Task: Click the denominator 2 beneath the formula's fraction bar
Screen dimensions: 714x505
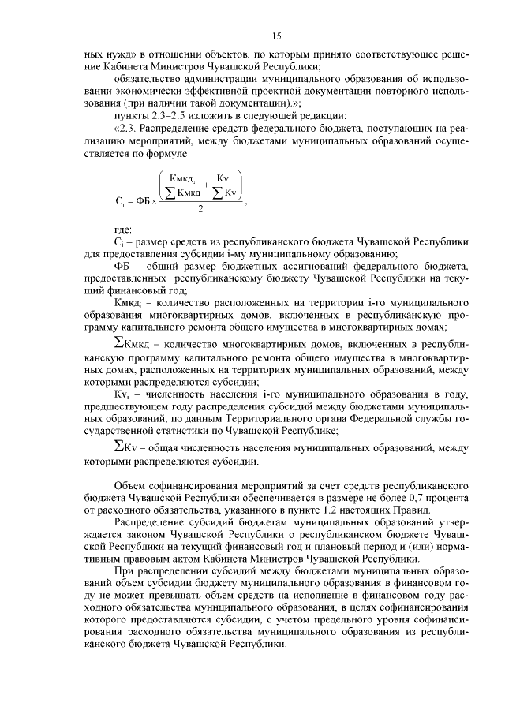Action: point(201,210)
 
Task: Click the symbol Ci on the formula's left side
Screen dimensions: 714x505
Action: point(118,200)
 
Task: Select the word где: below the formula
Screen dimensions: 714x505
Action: point(123,229)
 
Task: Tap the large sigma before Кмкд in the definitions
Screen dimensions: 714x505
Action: point(118,343)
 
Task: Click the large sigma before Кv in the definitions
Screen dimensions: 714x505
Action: point(118,446)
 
